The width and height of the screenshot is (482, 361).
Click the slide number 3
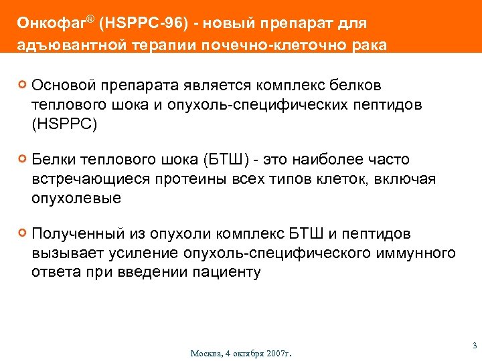(474, 346)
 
